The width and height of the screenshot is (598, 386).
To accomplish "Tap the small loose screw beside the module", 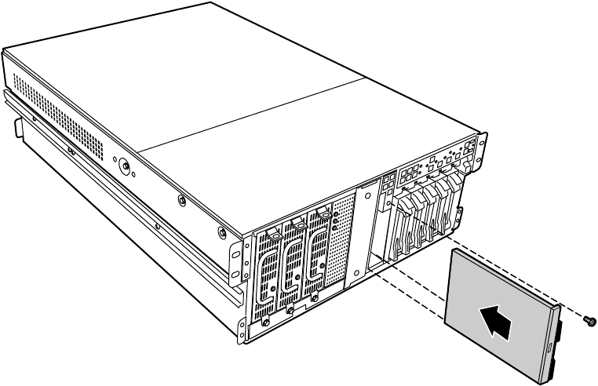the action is pos(589,320).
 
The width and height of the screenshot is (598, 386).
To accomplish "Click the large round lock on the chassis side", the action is pos(123,166).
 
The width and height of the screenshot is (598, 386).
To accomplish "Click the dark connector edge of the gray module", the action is pos(554,341).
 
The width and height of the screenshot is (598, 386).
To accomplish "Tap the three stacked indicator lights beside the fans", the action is pos(336,219).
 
